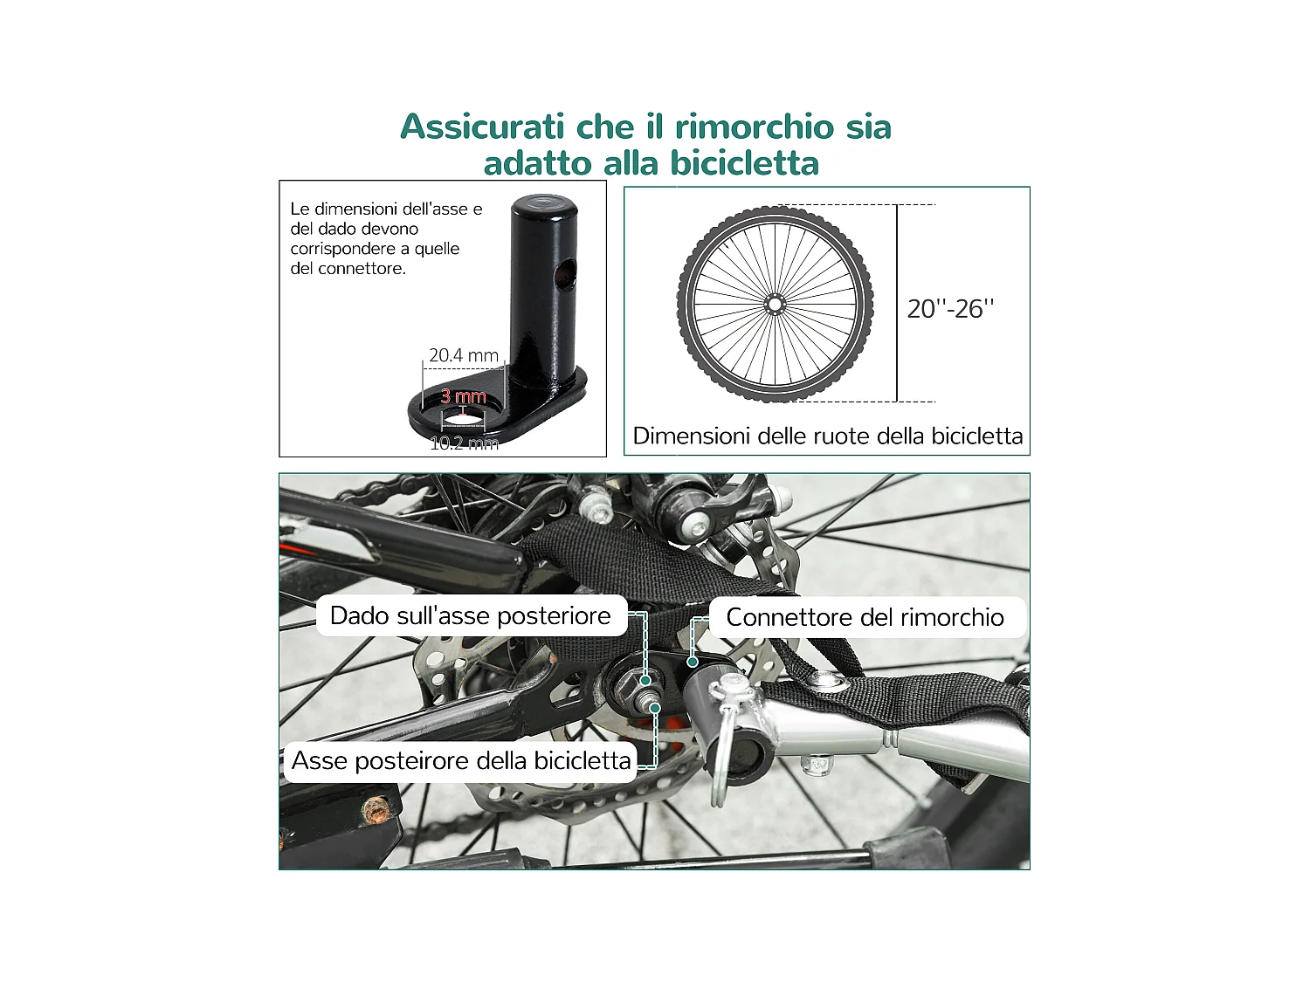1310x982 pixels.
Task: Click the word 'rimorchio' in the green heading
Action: (755, 127)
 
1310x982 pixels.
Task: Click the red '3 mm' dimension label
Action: (463, 396)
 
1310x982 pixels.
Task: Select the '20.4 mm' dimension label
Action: (464, 355)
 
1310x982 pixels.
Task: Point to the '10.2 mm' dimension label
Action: (464, 443)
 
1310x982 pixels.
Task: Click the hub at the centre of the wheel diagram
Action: (774, 305)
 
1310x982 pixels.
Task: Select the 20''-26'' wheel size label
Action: (950, 309)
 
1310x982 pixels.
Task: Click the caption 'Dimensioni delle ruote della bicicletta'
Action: (827, 436)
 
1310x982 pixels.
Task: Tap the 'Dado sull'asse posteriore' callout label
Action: (471, 616)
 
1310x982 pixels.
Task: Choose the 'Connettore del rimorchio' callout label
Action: (865, 618)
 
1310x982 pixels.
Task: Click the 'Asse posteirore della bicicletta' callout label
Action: (461, 760)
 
